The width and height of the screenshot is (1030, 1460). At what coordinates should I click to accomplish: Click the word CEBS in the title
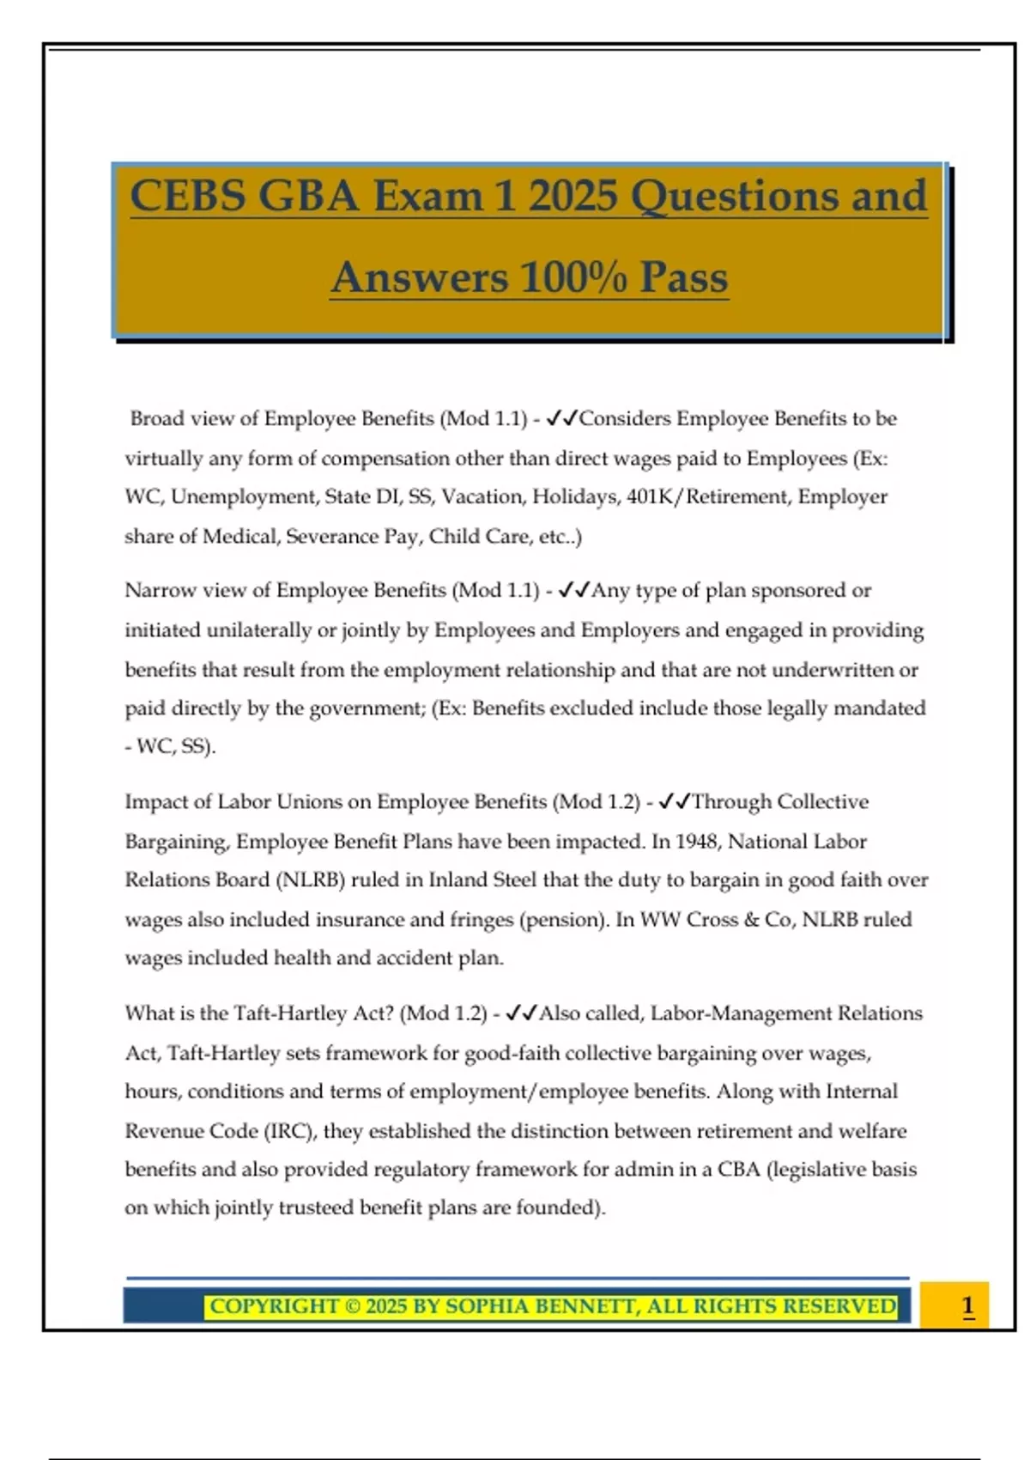point(187,196)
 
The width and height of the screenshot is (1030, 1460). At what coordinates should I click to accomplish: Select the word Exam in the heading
point(426,196)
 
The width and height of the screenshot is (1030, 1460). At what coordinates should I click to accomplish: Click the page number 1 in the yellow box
point(967,1305)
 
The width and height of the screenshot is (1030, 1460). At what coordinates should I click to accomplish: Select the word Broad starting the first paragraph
point(157,418)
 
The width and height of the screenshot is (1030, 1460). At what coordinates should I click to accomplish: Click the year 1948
point(697,841)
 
